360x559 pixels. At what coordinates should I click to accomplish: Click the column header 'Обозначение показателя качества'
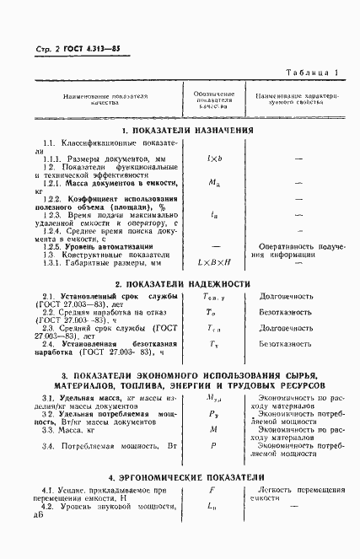click(214, 100)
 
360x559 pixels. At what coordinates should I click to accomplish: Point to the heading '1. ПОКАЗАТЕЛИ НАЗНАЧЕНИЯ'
click(186, 131)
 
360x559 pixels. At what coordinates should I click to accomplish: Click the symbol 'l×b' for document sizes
click(214, 158)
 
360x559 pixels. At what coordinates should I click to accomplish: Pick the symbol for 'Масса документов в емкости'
click(214, 181)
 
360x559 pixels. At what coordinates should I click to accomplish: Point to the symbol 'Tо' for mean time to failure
click(214, 312)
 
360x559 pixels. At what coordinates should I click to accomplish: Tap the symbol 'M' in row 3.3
click(214, 429)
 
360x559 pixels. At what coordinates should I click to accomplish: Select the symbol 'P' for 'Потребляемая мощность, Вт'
click(214, 444)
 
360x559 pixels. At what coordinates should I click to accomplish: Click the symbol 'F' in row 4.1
click(214, 489)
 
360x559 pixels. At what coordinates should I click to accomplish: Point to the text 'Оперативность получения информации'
click(299, 251)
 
